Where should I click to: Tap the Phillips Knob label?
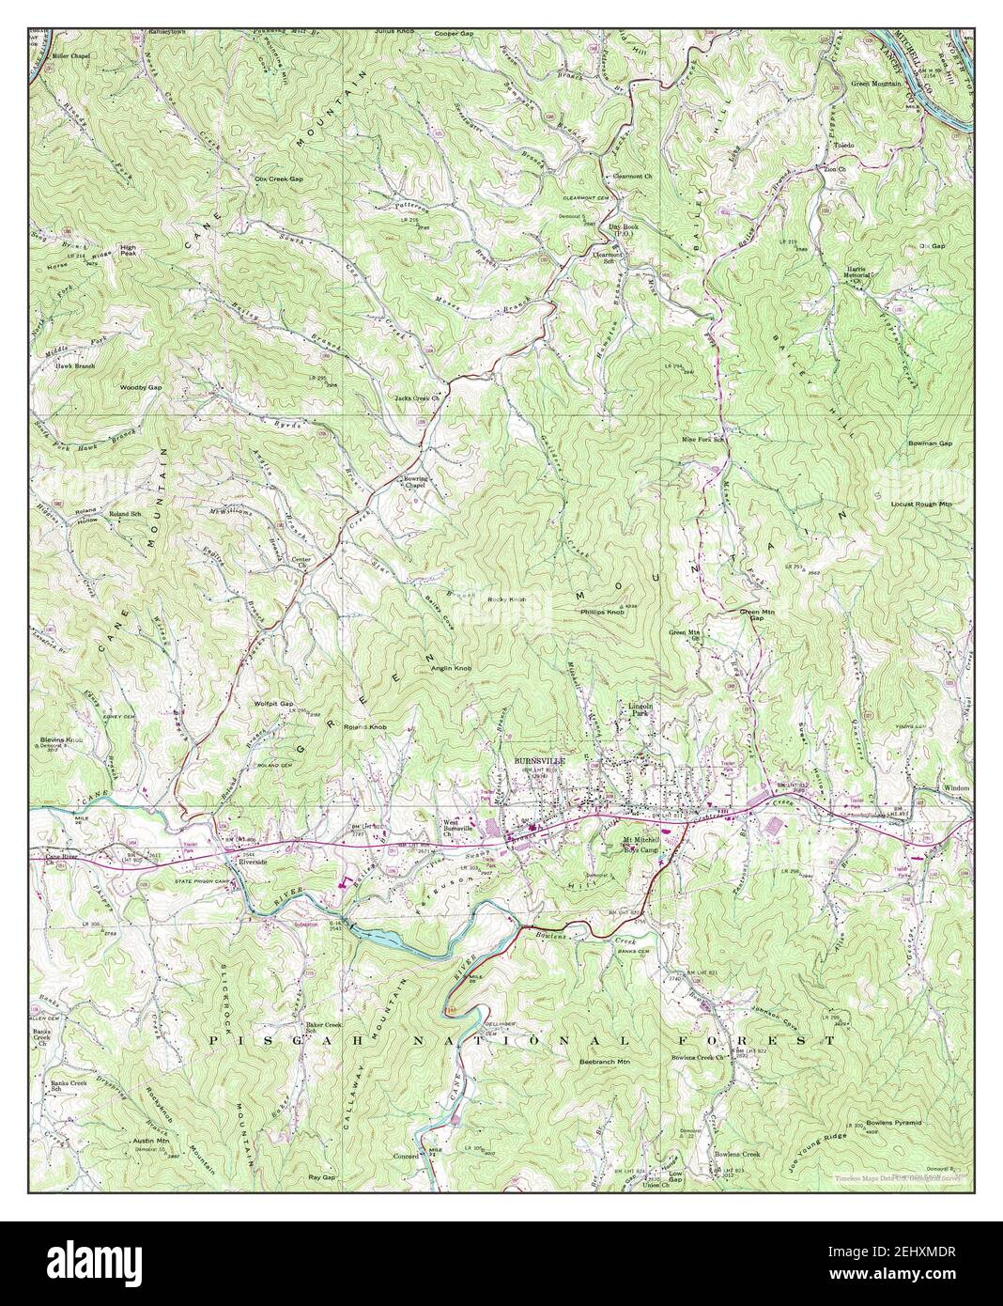[602, 612]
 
